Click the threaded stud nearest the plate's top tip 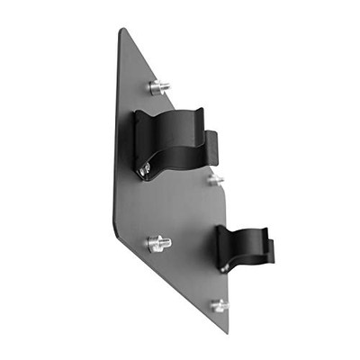(x=159, y=87)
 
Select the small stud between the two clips (x=214, y=180)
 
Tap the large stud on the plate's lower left (x=157, y=243)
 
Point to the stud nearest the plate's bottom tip (x=219, y=306)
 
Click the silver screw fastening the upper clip (x=145, y=168)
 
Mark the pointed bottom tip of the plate (x=225, y=332)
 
